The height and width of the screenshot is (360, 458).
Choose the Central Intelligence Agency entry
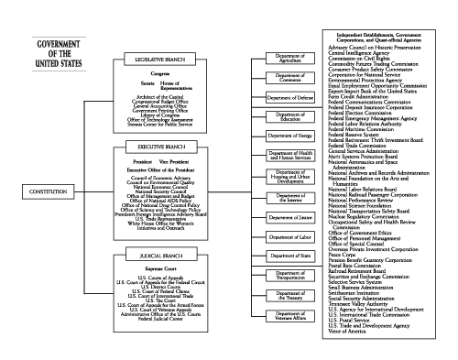coord(362,53)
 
